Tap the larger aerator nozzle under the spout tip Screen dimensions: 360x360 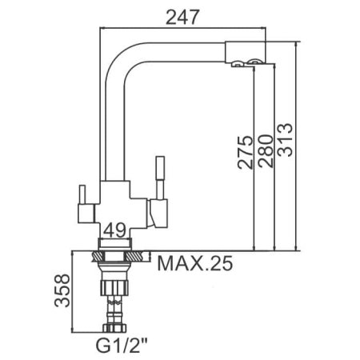pos(253,62)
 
